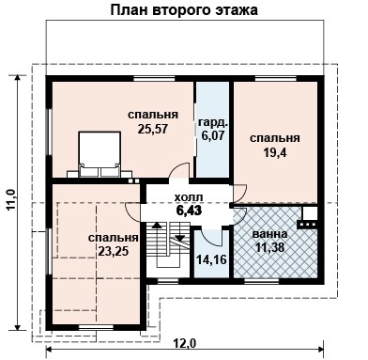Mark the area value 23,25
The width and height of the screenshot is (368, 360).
113,251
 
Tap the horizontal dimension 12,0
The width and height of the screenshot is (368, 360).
184,343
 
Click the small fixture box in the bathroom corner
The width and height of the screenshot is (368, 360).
308,224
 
